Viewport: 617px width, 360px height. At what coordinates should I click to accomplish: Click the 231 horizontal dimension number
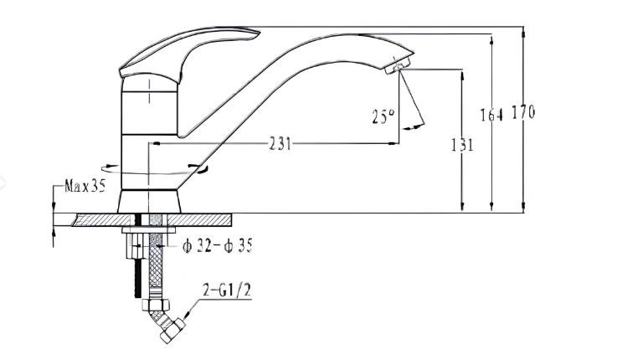pyautogui.click(x=280, y=144)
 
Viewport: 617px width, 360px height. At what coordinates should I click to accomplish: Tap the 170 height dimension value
pyautogui.click(x=523, y=112)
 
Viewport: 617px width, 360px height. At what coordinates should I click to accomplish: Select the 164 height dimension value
pyautogui.click(x=491, y=115)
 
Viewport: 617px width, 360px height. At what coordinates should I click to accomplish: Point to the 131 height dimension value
pyautogui.click(x=462, y=145)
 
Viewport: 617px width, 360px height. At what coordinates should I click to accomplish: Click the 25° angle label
pyautogui.click(x=383, y=116)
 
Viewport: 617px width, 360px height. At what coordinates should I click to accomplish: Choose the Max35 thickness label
pyautogui.click(x=85, y=186)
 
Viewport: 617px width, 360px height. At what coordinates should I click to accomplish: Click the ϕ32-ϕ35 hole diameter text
pyautogui.click(x=217, y=246)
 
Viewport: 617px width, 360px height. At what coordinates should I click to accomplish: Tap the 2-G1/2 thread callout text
pyautogui.click(x=227, y=291)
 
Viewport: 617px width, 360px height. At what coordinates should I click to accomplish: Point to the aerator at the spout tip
pyautogui.click(x=397, y=65)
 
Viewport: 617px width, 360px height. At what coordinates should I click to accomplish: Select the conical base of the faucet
pyautogui.click(x=149, y=202)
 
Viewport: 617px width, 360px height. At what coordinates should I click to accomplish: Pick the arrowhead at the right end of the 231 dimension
pyautogui.click(x=393, y=143)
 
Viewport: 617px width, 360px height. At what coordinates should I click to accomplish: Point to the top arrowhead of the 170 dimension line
pyautogui.click(x=523, y=33)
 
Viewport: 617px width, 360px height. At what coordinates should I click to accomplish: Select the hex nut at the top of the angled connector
pyautogui.click(x=156, y=305)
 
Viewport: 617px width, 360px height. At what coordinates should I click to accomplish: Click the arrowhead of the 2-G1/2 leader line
pyautogui.click(x=187, y=314)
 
